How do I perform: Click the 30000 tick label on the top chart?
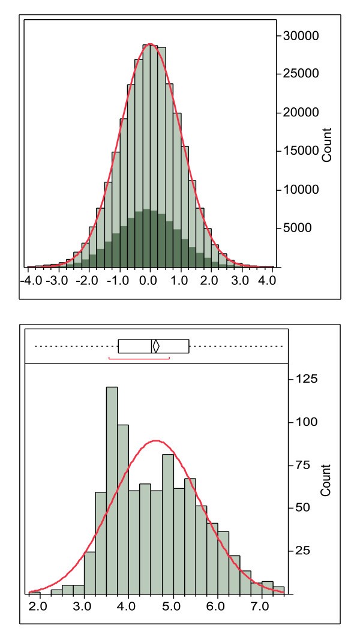(302, 36)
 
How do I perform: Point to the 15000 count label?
(302, 151)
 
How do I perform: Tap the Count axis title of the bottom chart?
(327, 480)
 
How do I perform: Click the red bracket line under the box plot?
(139, 359)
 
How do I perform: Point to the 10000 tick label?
(302, 190)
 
